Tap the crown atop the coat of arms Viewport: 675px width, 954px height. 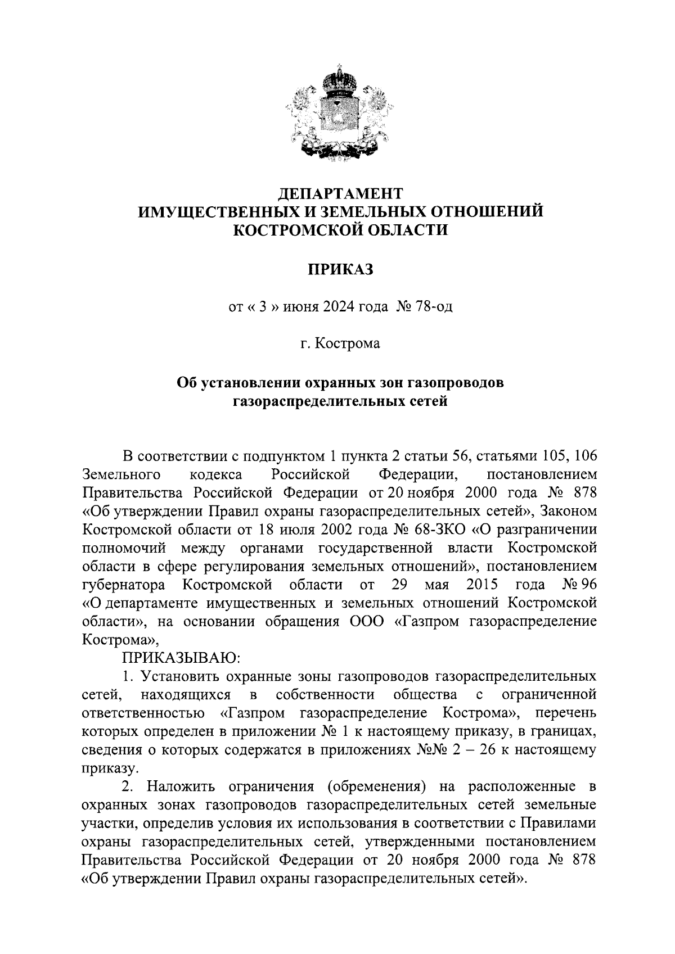point(337,78)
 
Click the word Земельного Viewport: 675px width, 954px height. point(119,474)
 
